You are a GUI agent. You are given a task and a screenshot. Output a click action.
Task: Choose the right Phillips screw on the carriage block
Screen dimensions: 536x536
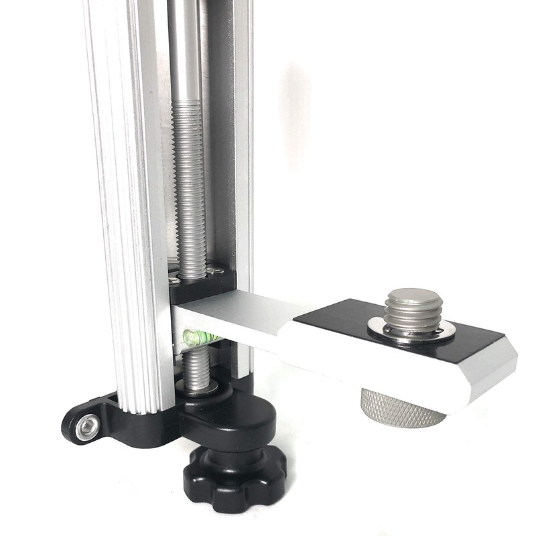(x=216, y=271)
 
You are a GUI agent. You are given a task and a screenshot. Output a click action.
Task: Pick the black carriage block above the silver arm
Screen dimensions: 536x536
(x=208, y=288)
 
